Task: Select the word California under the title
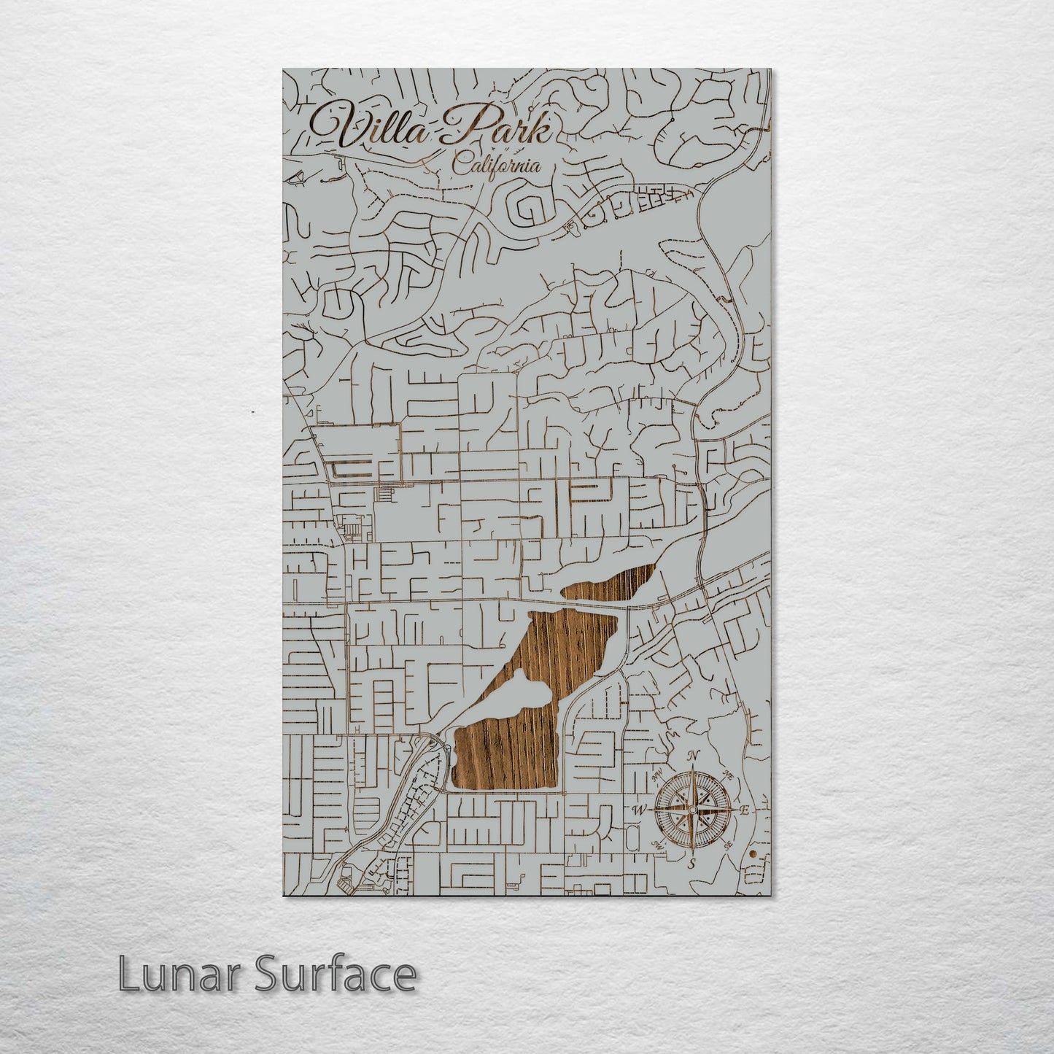point(496,166)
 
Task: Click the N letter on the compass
point(694,755)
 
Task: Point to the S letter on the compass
point(692,864)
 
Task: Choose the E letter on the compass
point(745,810)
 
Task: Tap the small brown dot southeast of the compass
point(754,851)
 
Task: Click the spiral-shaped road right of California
point(531,204)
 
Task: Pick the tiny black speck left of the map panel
point(253,412)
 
